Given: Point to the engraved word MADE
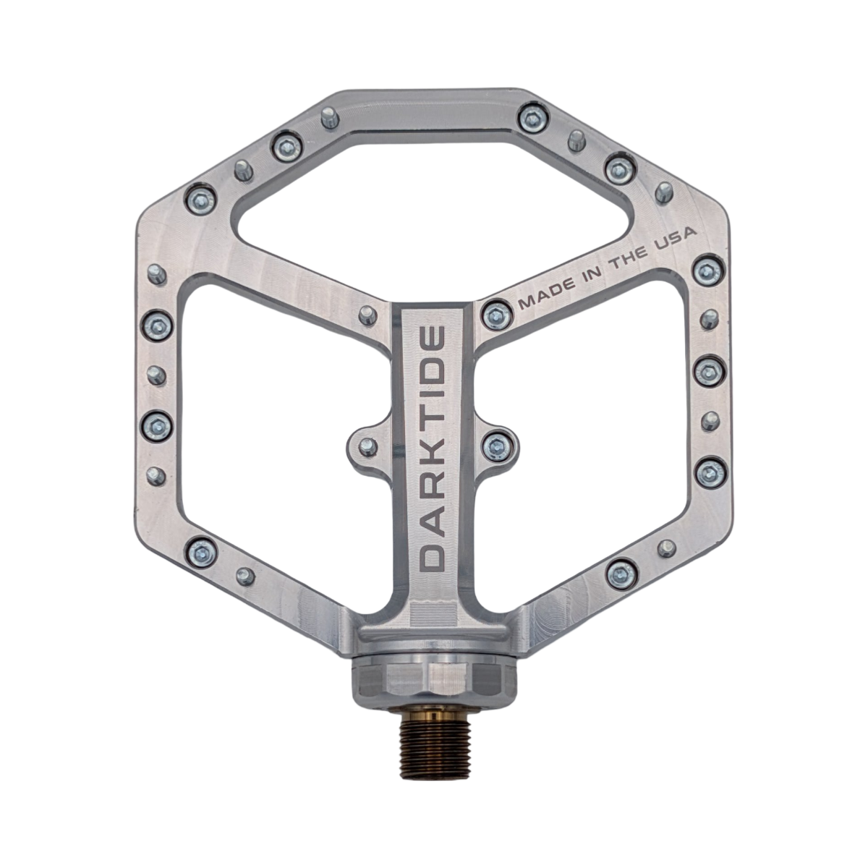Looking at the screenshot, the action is (x=547, y=295).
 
